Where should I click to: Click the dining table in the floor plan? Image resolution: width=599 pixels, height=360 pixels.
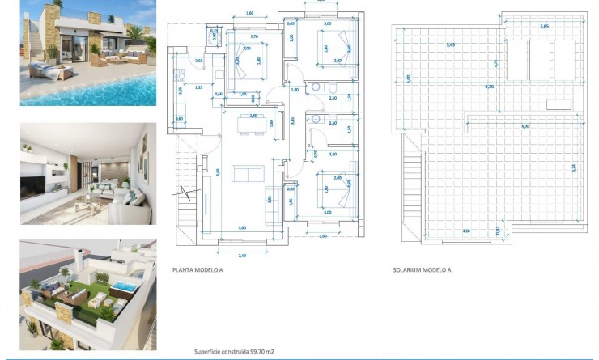[x=244, y=124]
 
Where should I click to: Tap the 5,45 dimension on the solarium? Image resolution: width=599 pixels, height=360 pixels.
[x=450, y=45]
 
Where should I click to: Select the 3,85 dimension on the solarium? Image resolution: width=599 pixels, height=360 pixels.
[x=545, y=27]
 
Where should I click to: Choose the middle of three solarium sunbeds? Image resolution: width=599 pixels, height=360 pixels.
[x=541, y=55]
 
